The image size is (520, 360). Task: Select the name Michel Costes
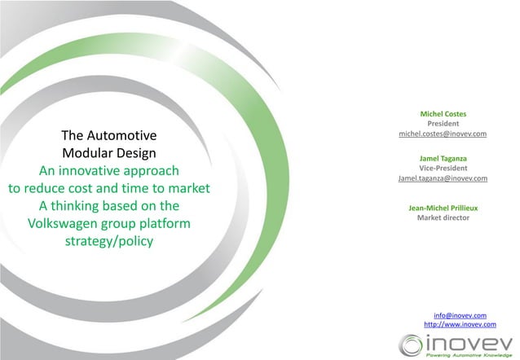point(443,113)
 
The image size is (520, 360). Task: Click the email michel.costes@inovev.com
point(443,134)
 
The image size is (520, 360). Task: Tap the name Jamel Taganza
point(443,158)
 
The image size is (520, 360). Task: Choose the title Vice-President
point(443,168)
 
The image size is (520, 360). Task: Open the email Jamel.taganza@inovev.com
point(443,178)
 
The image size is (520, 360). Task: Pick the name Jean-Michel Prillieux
point(443,208)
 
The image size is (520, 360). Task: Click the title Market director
point(443,218)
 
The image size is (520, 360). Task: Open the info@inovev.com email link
point(461,314)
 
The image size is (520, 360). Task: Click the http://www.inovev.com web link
point(461,324)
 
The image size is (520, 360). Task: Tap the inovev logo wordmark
point(469,341)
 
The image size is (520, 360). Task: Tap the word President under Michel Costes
point(443,124)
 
